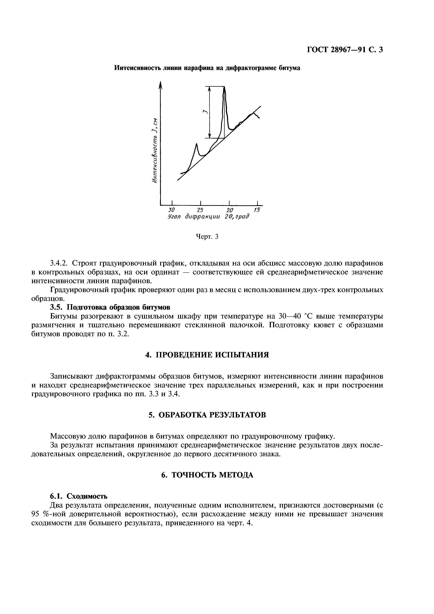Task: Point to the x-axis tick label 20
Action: pyautogui.click(x=230, y=210)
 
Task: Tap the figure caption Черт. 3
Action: pyautogui.click(x=207, y=236)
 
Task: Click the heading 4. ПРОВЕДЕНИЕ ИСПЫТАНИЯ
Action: pyautogui.click(x=207, y=355)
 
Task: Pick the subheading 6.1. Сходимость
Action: pyautogui.click(x=79, y=496)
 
